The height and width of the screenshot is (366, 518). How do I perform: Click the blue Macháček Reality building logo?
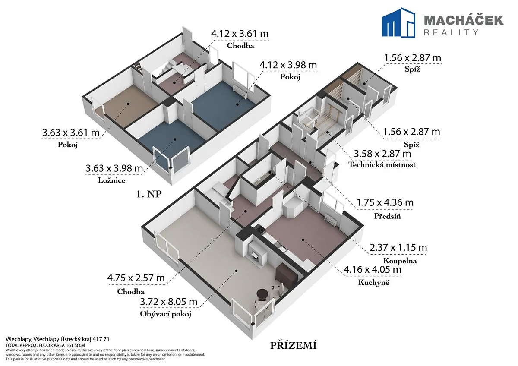tap(398, 22)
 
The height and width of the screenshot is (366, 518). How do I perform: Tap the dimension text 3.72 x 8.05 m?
tap(169, 302)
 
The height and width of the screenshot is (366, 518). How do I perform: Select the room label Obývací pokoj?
tap(166, 314)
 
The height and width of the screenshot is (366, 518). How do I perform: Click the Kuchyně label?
tap(374, 282)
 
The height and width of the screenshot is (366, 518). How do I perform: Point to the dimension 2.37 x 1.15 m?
tap(398, 248)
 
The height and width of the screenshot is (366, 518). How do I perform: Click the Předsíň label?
tap(387, 216)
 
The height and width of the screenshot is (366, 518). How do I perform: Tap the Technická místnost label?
tap(382, 164)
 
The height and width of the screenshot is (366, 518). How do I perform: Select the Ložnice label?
tap(112, 180)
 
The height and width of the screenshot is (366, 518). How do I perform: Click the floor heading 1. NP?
tap(149, 194)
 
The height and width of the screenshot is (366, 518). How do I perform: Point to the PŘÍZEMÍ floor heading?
tap(293, 345)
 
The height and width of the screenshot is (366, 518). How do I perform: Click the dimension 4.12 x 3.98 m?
tap(288, 65)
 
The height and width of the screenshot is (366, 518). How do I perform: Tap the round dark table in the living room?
tap(263, 295)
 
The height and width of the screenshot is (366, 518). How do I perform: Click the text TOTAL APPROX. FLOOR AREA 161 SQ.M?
tap(45, 345)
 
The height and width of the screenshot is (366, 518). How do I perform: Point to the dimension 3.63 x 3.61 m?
tap(71, 133)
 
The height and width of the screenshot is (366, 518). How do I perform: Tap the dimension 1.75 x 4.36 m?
tap(385, 202)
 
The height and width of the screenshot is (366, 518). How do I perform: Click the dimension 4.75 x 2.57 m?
tap(136, 278)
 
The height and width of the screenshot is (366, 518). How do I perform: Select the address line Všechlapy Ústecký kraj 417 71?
tap(57, 339)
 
